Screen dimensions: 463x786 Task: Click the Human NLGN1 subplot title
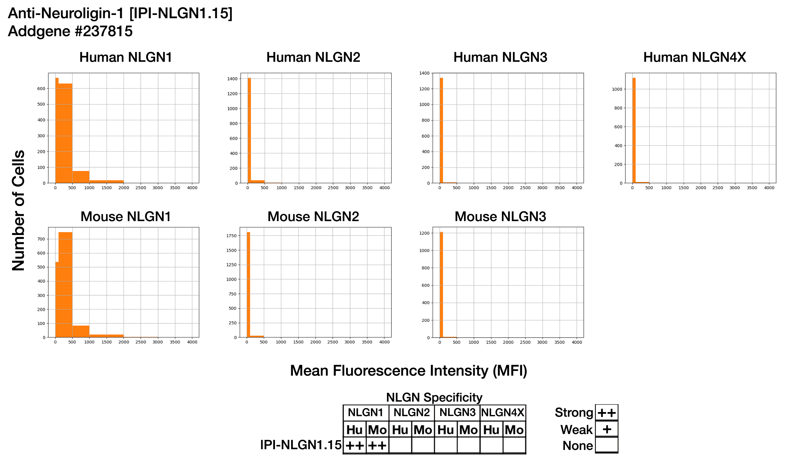click(x=125, y=57)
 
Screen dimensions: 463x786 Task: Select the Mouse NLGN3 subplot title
click(x=500, y=217)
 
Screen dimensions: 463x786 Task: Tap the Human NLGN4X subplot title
click(x=695, y=57)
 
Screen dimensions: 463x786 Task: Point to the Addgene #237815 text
click(x=70, y=31)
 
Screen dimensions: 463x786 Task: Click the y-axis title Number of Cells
click(x=19, y=211)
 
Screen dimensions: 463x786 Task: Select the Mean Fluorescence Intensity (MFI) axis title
click(x=409, y=371)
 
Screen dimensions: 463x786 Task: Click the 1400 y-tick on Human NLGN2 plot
click(x=233, y=79)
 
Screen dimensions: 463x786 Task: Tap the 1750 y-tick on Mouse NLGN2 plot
click(x=231, y=236)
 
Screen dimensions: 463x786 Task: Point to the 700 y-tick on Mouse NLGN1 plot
click(x=41, y=239)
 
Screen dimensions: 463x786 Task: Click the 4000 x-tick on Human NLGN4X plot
click(x=769, y=188)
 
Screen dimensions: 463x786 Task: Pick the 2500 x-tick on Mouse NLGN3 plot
click(x=525, y=342)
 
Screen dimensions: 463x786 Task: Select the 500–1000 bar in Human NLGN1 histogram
click(x=81, y=177)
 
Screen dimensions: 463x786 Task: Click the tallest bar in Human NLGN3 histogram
click(x=441, y=131)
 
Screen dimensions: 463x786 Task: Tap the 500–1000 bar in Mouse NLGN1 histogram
click(x=81, y=331)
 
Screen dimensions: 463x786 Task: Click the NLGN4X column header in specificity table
click(x=503, y=413)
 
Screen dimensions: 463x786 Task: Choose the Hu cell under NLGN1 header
click(x=354, y=430)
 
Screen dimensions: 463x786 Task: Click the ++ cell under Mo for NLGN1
click(x=377, y=446)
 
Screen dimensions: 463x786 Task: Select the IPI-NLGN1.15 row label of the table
click(x=300, y=445)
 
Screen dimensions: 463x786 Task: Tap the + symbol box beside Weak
click(x=607, y=429)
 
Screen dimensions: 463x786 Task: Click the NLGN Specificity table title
click(x=434, y=398)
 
